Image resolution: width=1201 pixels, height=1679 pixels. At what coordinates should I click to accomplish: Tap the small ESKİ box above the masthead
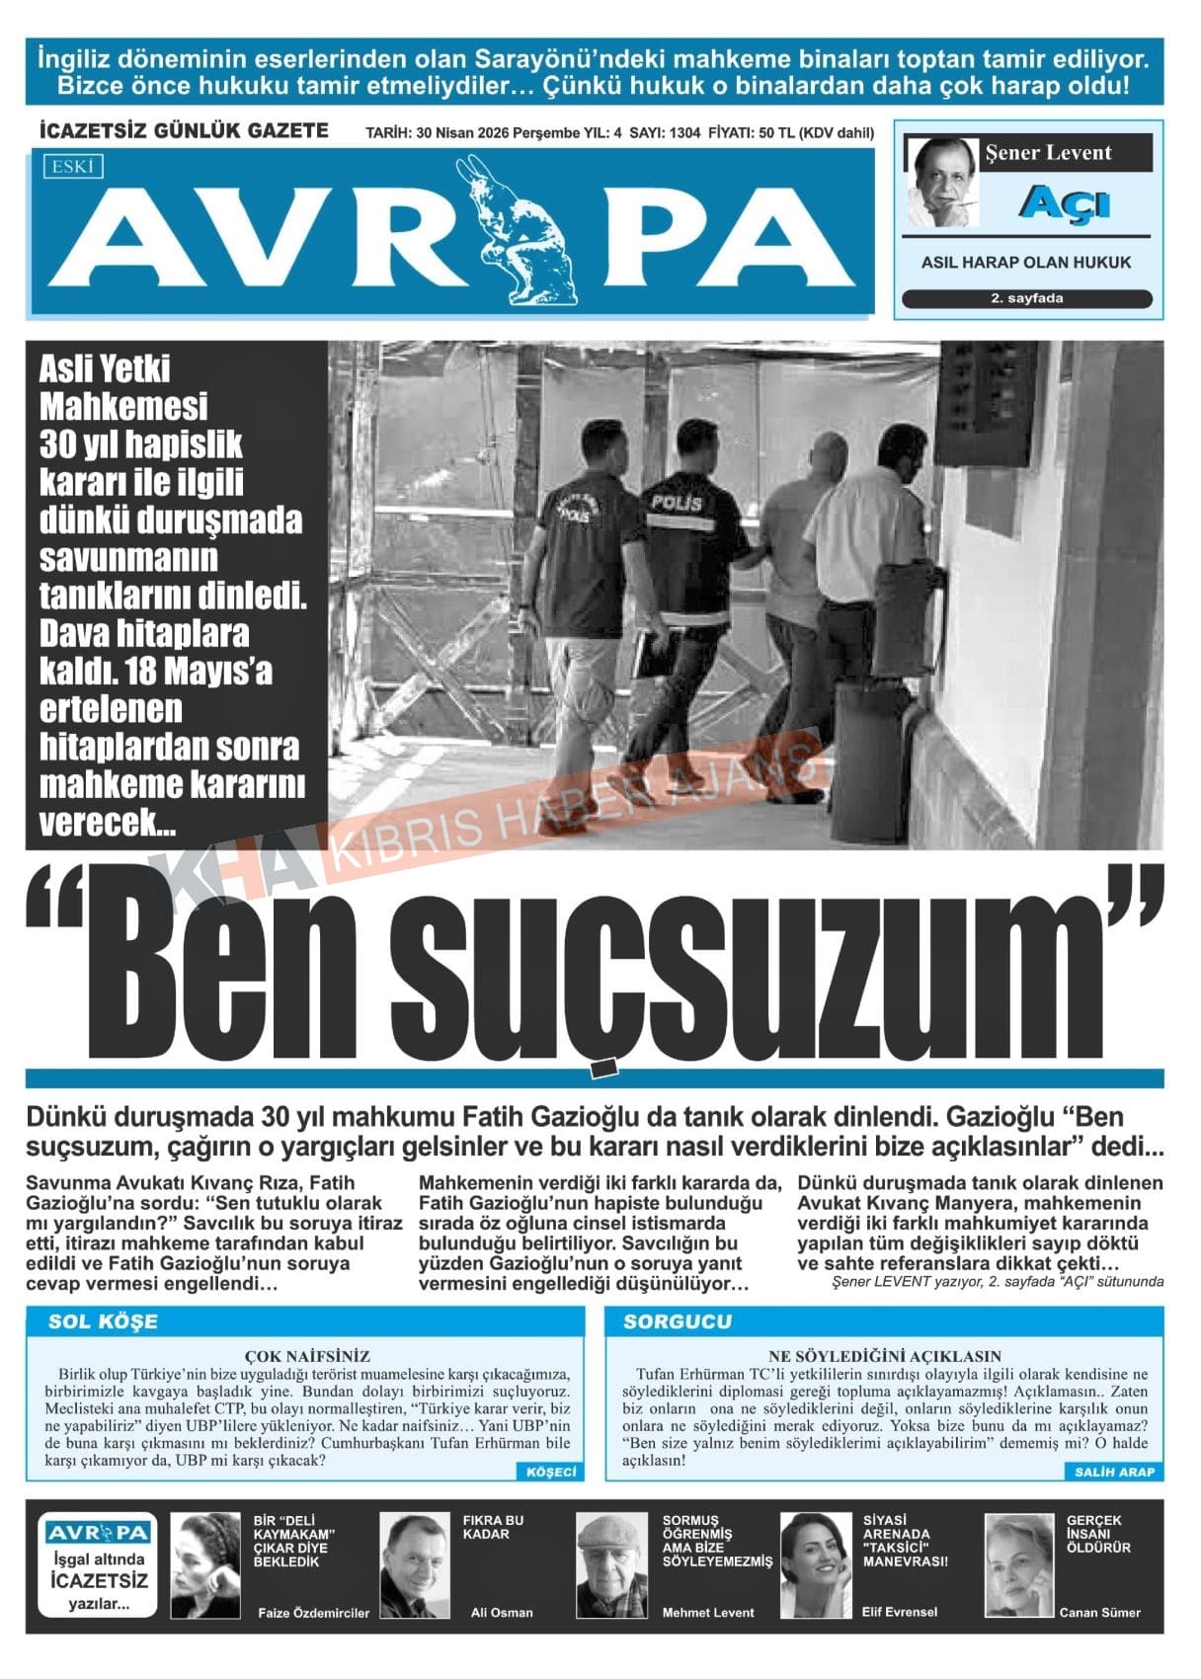pyautogui.click(x=73, y=167)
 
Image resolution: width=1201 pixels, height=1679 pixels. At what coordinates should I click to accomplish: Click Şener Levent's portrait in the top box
pyautogui.click(x=941, y=182)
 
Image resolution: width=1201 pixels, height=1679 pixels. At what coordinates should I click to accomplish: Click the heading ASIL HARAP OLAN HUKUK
pyautogui.click(x=1025, y=263)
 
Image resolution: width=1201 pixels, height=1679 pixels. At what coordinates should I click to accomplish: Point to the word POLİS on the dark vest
pyautogui.click(x=677, y=503)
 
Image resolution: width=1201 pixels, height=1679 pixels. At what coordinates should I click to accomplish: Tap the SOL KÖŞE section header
pyautogui.click(x=103, y=1321)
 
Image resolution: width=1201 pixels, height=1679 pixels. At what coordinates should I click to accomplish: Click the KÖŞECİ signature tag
pyautogui.click(x=550, y=1472)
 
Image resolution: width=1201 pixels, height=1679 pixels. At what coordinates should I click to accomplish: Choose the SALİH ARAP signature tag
pyautogui.click(x=1113, y=1472)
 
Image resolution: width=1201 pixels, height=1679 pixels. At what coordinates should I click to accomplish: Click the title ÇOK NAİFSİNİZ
pyautogui.click(x=307, y=1356)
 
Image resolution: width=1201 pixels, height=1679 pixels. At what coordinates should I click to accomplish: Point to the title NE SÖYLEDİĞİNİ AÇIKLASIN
pyautogui.click(x=884, y=1356)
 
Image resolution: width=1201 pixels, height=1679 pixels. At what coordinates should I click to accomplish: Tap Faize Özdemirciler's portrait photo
pyautogui.click(x=205, y=1564)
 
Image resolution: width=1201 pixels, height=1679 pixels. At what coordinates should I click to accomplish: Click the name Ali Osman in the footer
pyautogui.click(x=502, y=1612)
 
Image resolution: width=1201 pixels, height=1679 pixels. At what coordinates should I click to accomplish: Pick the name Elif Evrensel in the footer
pyautogui.click(x=900, y=1611)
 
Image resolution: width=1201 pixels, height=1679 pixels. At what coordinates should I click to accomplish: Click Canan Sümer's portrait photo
pyautogui.click(x=1018, y=1564)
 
